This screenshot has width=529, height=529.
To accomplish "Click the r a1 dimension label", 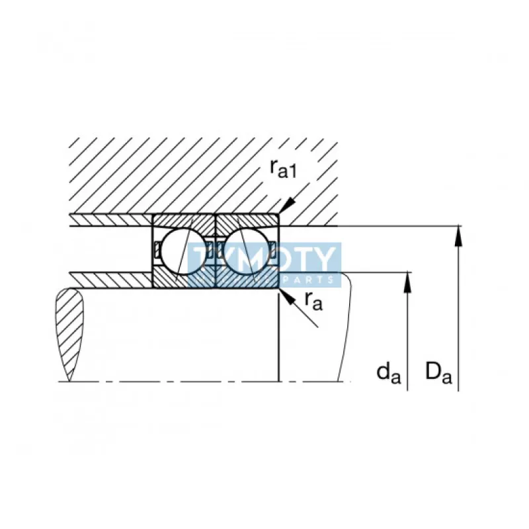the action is tap(283, 169).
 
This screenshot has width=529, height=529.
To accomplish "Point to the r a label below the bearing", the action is tap(313, 300).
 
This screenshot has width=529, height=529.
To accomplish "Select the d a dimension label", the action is tap(389, 374).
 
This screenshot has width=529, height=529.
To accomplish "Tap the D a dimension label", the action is tap(438, 372).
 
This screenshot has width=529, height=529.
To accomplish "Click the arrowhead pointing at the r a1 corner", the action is tap(287, 205).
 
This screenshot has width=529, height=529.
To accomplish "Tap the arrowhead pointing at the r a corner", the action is tap(286, 296).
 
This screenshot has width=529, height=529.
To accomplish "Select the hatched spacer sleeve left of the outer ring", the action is tap(111, 220).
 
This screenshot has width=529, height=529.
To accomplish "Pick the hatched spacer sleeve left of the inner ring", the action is tap(111, 280).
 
